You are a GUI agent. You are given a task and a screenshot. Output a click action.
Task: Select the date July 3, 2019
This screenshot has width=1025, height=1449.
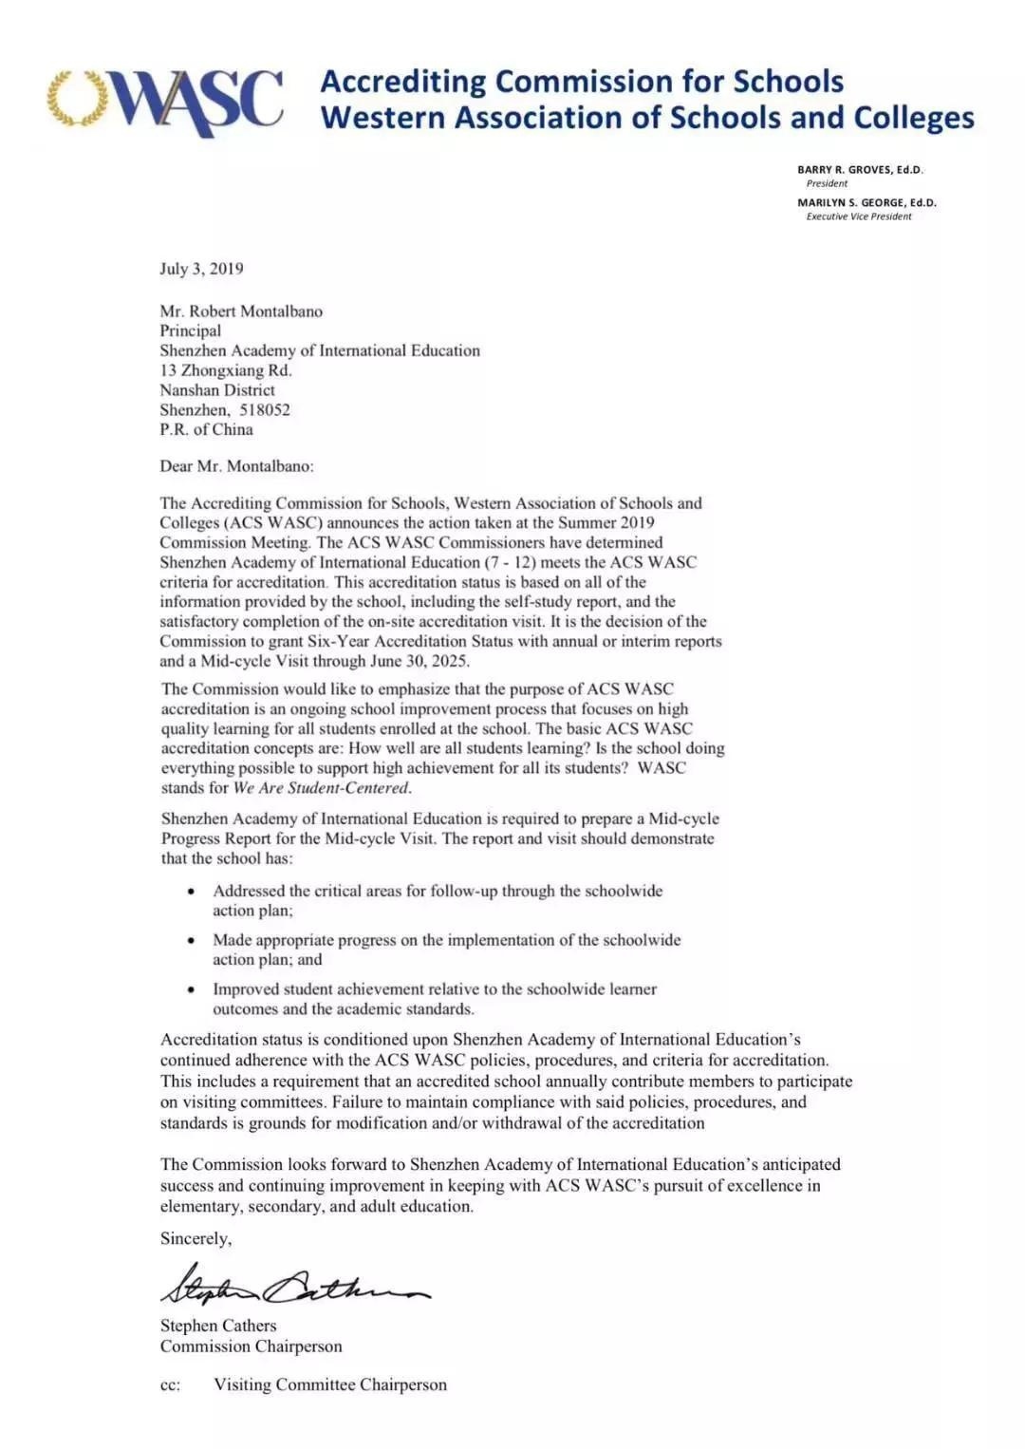pyautogui.click(x=201, y=269)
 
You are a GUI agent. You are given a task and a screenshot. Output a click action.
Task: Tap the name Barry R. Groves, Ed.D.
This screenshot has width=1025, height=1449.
pyautogui.click(x=859, y=170)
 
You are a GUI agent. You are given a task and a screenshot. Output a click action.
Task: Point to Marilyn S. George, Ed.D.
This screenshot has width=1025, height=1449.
pyautogui.click(x=866, y=202)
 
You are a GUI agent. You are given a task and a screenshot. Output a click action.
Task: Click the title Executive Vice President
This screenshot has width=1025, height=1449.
pyautogui.click(x=858, y=216)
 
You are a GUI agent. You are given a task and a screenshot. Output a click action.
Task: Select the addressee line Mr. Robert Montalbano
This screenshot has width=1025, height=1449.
pyautogui.click(x=241, y=311)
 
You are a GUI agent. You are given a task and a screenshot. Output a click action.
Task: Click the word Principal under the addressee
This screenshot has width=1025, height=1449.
pyautogui.click(x=190, y=330)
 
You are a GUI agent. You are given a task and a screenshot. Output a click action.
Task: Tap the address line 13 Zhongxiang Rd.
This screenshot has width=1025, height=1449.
pyautogui.click(x=225, y=370)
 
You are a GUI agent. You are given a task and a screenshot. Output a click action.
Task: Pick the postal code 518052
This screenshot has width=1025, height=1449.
pyautogui.click(x=265, y=410)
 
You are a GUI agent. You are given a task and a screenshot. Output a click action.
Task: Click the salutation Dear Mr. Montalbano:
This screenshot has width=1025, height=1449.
pyautogui.click(x=236, y=466)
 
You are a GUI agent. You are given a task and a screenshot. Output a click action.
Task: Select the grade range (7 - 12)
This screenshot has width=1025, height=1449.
pyautogui.click(x=511, y=562)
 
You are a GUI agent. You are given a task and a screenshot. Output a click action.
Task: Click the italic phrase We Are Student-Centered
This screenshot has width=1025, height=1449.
pyautogui.click(x=322, y=787)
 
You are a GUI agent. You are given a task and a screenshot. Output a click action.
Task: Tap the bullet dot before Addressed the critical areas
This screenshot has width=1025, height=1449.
pyautogui.click(x=192, y=892)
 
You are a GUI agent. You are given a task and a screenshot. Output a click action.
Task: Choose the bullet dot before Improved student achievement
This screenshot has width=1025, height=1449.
pyautogui.click(x=192, y=989)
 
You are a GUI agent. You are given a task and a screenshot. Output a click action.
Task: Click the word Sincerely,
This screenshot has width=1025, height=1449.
pyautogui.click(x=196, y=1238)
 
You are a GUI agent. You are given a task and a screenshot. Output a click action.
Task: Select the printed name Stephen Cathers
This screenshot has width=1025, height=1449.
pyautogui.click(x=218, y=1326)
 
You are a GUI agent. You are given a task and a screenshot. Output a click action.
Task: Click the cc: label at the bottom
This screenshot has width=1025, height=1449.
pyautogui.click(x=170, y=1385)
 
